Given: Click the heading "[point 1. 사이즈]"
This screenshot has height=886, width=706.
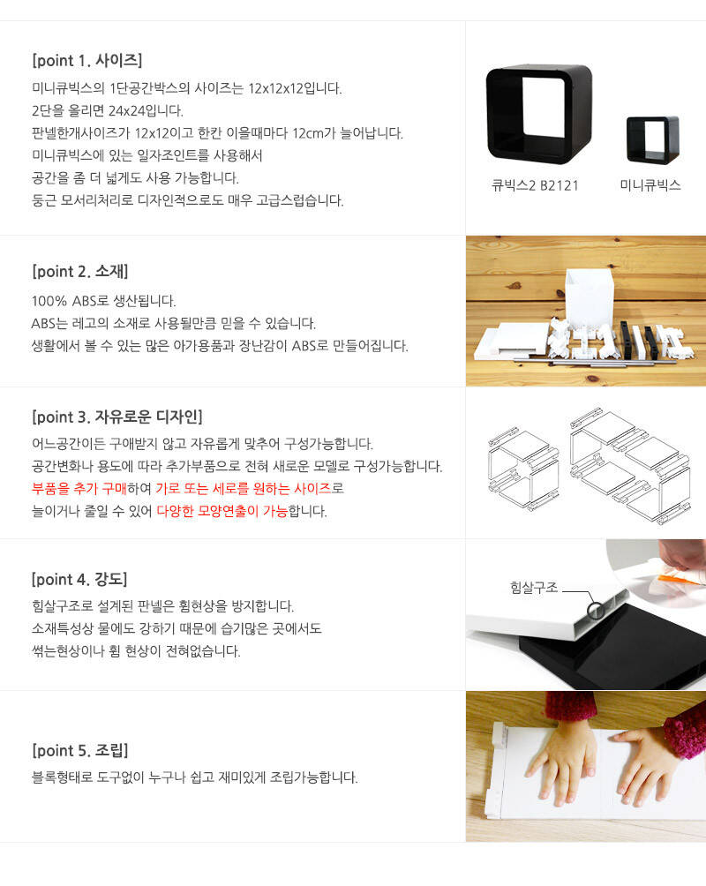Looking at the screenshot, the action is pos(87,60).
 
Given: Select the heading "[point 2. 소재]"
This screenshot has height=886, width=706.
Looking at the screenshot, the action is pos(80,271).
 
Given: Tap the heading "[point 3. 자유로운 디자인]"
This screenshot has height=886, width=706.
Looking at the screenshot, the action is pos(117,417).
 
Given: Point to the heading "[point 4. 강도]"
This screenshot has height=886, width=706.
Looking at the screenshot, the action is pos(79,579).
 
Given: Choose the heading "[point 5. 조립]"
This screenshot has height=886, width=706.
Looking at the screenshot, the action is pos(80,750).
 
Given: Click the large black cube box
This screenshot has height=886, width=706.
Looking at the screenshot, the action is pos(539,114).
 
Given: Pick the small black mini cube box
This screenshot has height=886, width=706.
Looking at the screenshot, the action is pos(653,139).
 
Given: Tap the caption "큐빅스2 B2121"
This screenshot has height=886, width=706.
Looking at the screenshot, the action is pos(536,186).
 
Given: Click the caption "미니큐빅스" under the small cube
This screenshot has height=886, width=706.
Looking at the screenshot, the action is pos(650,185).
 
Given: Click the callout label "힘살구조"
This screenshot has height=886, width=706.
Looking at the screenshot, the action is pos(534,588).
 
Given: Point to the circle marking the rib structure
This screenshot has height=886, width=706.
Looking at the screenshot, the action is pos(595,611).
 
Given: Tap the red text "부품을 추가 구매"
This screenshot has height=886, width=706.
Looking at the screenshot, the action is pos(79,488).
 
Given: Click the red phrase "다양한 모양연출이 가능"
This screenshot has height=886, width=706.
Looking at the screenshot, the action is pos(222,511).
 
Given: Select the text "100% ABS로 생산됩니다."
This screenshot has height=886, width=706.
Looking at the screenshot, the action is pos(103,301).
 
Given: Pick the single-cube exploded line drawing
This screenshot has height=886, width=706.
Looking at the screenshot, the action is pos(523,469).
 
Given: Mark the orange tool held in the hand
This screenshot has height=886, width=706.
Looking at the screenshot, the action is pos(680,578).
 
